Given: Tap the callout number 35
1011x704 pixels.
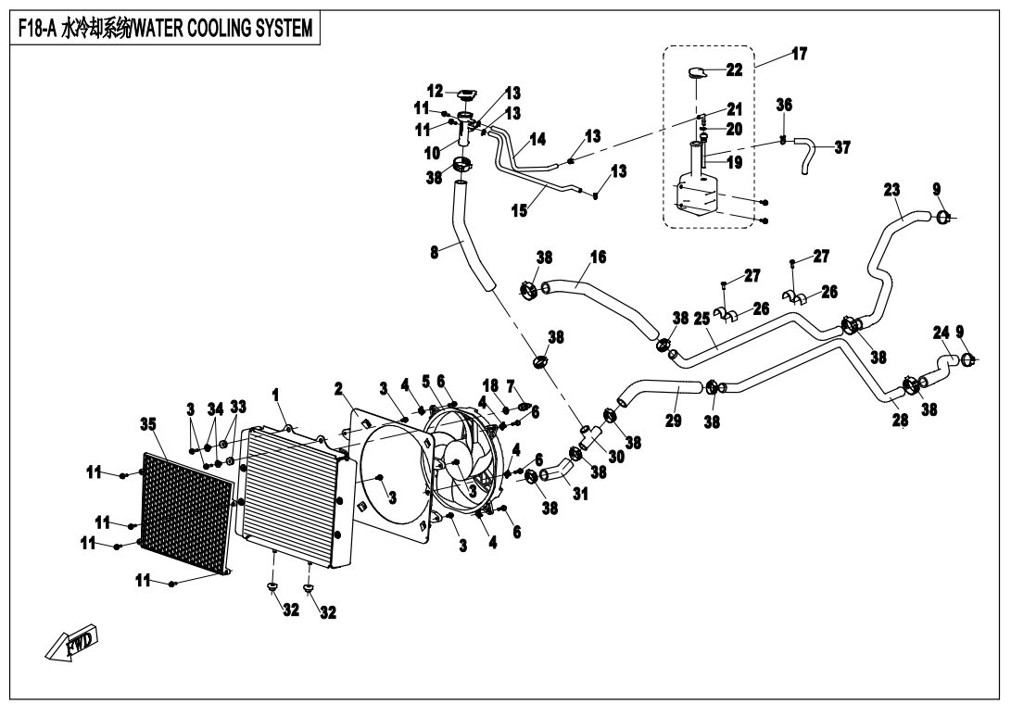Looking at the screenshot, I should tap(148, 424).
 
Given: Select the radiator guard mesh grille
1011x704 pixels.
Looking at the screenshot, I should tap(185, 509).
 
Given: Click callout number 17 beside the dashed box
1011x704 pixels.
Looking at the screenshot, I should tap(798, 54).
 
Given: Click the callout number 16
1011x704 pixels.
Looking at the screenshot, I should tap(598, 257).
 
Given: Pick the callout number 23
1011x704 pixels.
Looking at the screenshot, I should tap(891, 190).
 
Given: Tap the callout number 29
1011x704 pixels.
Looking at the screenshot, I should tap(674, 421).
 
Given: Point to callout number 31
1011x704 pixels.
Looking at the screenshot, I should tap(580, 494).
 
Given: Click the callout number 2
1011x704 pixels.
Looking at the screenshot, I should tap(339, 387).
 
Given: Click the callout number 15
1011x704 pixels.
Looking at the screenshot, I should tap(520, 210).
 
